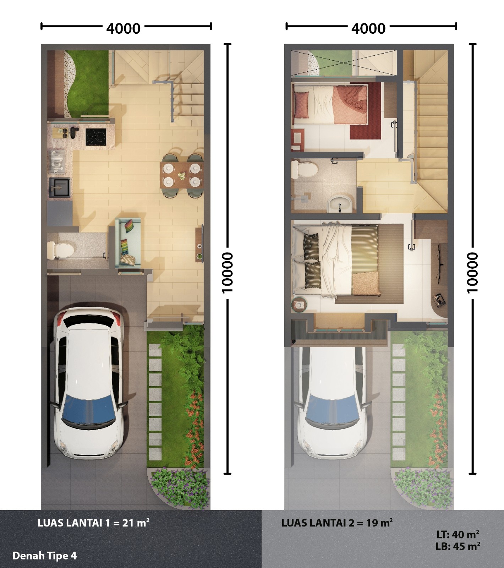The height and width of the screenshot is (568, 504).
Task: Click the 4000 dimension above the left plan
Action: click(x=124, y=28)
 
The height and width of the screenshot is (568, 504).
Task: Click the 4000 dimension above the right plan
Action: click(x=368, y=28)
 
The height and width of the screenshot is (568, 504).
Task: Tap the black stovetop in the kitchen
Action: click(x=96, y=137)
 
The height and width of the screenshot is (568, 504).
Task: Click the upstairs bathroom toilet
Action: click(x=303, y=169)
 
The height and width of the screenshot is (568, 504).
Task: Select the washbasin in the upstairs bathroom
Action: click(x=340, y=204)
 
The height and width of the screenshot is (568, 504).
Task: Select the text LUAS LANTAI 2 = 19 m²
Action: click(x=337, y=523)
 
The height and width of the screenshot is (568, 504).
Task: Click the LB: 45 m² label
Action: click(x=458, y=546)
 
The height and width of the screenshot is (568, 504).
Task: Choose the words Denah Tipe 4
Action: click(x=44, y=556)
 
